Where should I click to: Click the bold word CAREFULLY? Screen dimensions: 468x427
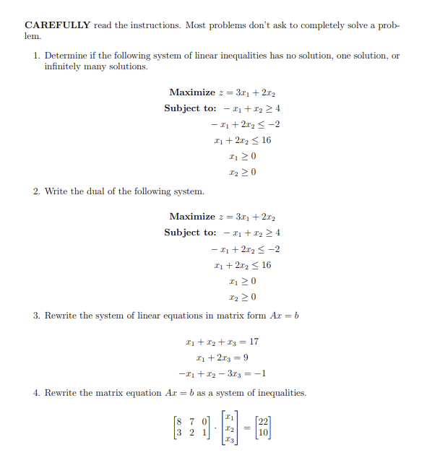click(x=57, y=25)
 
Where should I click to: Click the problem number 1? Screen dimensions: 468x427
click(x=36, y=56)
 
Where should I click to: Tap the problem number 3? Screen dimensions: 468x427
click(x=36, y=316)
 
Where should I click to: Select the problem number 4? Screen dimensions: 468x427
click(x=36, y=393)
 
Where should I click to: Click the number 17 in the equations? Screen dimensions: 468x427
click(x=254, y=342)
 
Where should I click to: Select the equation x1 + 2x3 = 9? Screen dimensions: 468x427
click(x=223, y=357)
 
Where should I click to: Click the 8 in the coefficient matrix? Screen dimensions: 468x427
click(x=178, y=422)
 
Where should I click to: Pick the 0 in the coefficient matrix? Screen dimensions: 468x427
click(x=204, y=422)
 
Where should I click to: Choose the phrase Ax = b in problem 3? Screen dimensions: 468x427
click(x=285, y=316)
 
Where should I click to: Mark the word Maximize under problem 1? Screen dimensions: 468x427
click(x=191, y=92)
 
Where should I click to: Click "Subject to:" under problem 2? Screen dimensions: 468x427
click(x=190, y=233)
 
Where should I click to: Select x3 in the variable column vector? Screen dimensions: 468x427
click(x=228, y=439)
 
